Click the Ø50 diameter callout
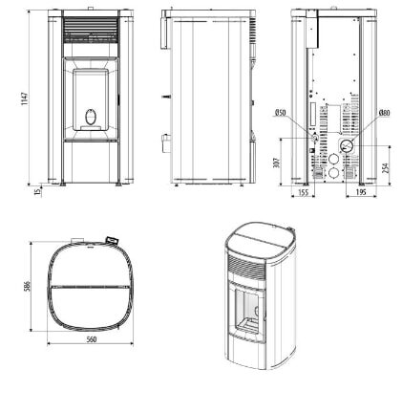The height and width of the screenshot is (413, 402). [281, 113]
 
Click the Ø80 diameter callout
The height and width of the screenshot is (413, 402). [383, 113]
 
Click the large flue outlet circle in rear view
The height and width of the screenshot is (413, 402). [344, 146]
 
